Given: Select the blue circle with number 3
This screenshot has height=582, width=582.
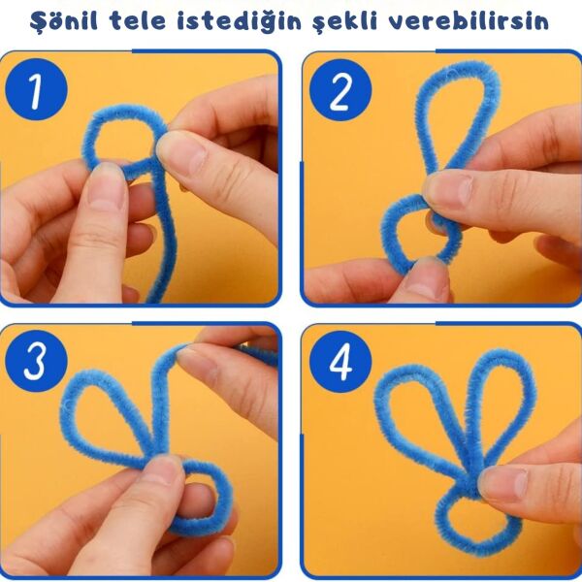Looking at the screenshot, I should tap(36, 362).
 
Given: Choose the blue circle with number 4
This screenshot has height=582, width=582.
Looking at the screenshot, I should tap(339, 362).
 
